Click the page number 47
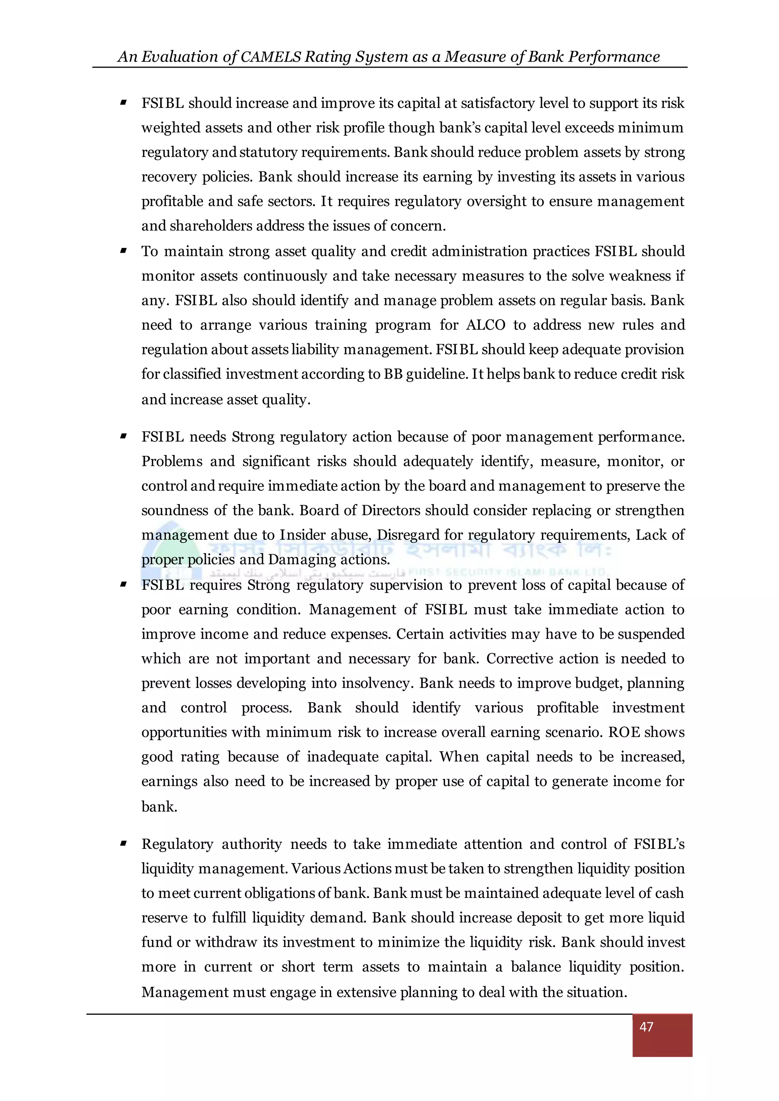pyautogui.click(x=646, y=1026)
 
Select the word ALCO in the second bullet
pyautogui.click(x=485, y=325)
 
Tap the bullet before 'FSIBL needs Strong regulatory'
pyautogui.click(x=123, y=436)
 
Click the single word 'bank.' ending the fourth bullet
pyautogui.click(x=159, y=807)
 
